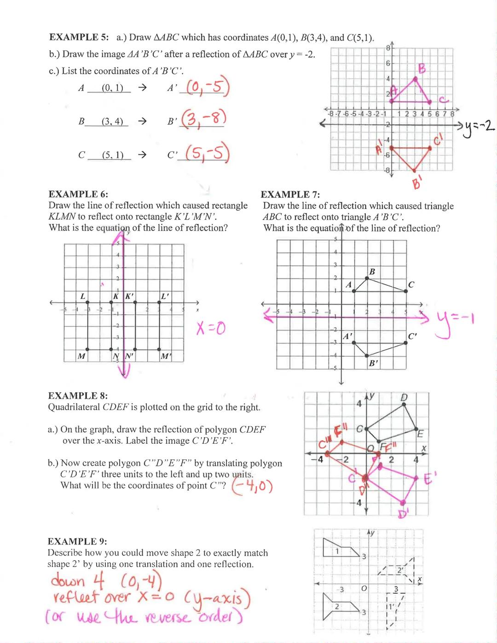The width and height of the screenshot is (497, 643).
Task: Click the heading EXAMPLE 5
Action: click(79, 37)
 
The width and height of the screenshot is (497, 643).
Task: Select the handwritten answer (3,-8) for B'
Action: click(203, 120)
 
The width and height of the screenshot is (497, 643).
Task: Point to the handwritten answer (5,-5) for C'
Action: click(207, 153)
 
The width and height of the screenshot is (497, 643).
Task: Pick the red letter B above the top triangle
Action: click(422, 69)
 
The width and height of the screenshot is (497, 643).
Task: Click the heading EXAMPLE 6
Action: click(78, 194)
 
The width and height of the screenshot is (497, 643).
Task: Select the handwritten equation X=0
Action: click(211, 328)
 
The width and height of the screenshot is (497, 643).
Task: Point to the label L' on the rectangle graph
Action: click(165, 296)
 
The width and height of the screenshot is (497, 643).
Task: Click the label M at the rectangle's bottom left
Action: click(81, 356)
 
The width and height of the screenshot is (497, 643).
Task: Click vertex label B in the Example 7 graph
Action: click(372, 272)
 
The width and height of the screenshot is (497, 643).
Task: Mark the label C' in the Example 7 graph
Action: click(412, 336)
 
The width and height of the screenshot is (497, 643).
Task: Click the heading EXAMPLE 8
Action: click(78, 396)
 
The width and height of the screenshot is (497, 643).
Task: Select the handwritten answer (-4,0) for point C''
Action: click(252, 486)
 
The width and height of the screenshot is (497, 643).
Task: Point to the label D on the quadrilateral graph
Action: click(404, 397)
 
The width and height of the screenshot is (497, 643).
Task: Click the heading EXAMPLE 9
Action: click(77, 541)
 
